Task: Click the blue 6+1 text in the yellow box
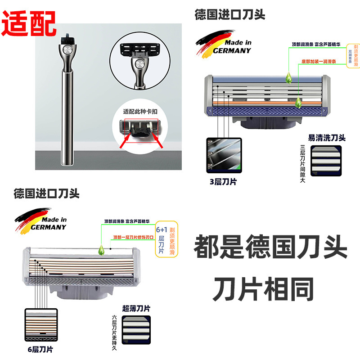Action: [x=161, y=229]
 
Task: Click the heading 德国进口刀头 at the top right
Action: [x=230, y=14]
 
